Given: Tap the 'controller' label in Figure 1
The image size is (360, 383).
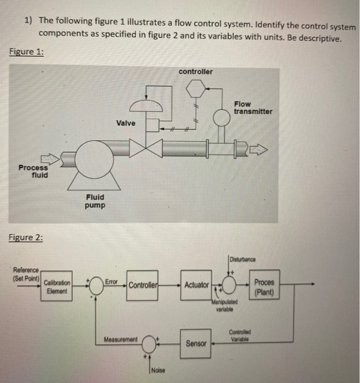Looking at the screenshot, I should [195, 72].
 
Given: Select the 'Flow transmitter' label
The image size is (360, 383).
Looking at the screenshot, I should [252, 107].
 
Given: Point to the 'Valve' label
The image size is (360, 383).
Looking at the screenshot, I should [126, 123].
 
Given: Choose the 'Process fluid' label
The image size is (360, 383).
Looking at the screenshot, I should [33, 171].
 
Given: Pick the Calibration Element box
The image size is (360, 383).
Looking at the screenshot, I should [57, 286].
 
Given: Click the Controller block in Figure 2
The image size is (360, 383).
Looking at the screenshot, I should [143, 285].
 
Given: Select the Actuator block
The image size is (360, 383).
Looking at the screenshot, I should [196, 285].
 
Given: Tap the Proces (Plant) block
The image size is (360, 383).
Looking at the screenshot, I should [264, 286].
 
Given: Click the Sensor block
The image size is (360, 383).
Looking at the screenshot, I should [196, 344].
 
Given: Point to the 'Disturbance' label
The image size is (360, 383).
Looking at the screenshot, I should [242, 259].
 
